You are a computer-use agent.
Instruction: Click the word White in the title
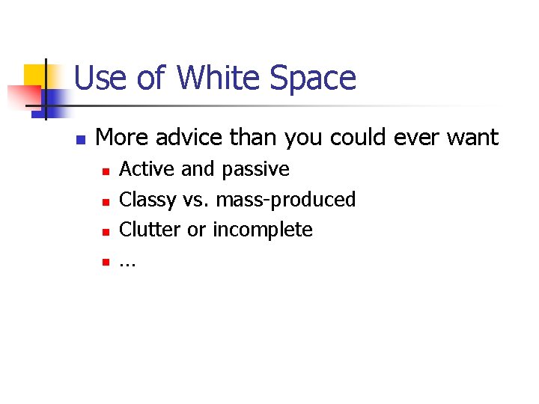[x=218, y=79]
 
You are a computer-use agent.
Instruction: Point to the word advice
[x=187, y=138]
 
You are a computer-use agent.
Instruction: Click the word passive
[x=254, y=170]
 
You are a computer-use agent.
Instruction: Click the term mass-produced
[x=285, y=200]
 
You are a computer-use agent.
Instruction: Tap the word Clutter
[x=150, y=229]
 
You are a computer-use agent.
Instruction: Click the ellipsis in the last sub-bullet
[x=128, y=263]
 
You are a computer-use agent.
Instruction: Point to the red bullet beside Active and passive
[x=106, y=171]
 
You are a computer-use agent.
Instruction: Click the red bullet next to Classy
[x=106, y=201]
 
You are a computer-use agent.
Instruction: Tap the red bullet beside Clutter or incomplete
[x=106, y=231]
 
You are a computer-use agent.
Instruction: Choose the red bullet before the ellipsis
[x=106, y=261]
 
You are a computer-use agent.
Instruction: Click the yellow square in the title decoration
[x=34, y=75]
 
